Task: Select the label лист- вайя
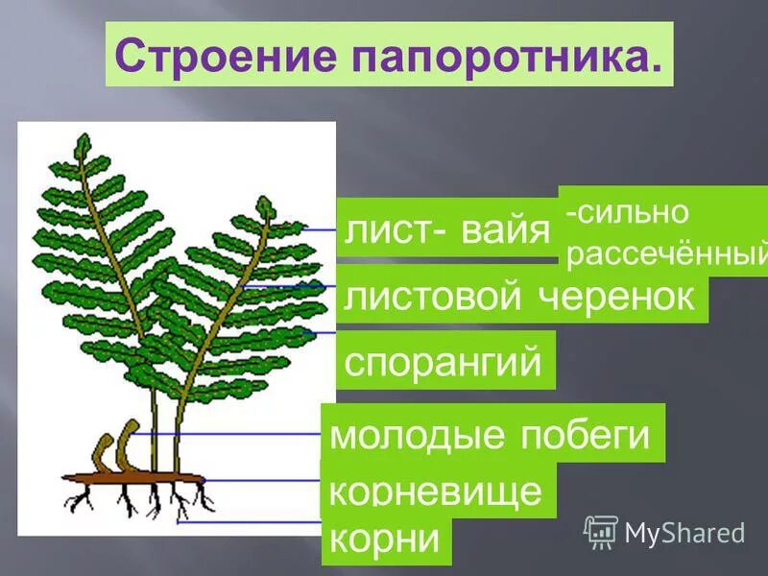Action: click(x=447, y=230)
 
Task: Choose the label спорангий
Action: click(x=444, y=362)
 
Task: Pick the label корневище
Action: click(x=437, y=492)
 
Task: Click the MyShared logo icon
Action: click(x=601, y=531)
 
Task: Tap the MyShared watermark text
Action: click(x=685, y=532)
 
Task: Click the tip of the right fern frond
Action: click(x=264, y=204)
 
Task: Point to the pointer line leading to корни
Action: click(x=250, y=522)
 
